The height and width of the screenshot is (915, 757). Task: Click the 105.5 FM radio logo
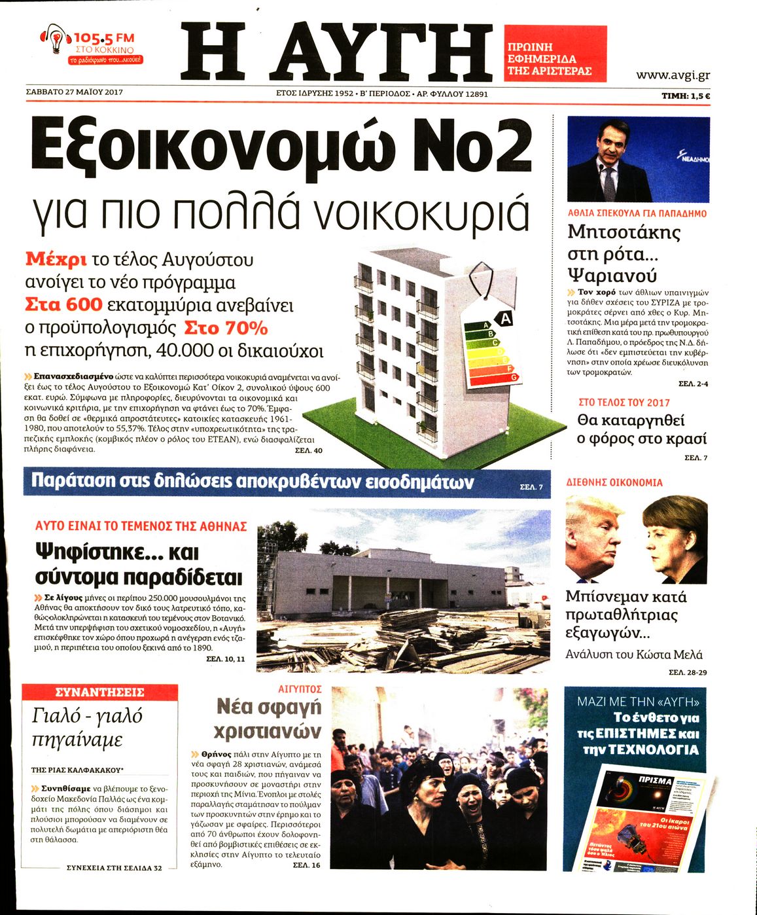pyautogui.click(x=92, y=45)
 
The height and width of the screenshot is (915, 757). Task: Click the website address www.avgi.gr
pyautogui.click(x=673, y=75)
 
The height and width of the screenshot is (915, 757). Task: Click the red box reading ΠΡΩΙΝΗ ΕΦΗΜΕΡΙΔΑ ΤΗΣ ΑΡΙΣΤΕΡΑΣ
pyautogui.click(x=555, y=54)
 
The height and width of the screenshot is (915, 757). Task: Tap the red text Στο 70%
pyautogui.click(x=226, y=327)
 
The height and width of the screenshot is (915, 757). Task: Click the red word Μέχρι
pyautogui.click(x=56, y=259)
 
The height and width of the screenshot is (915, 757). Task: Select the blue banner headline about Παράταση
pyautogui.click(x=253, y=482)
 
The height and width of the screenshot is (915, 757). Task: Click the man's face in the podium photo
pyautogui.click(x=608, y=144)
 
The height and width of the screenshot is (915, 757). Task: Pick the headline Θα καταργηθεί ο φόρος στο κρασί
pyautogui.click(x=641, y=429)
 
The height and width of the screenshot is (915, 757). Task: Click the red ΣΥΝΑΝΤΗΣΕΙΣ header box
pyautogui.click(x=99, y=692)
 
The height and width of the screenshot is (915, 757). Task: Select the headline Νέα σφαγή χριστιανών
pyautogui.click(x=268, y=719)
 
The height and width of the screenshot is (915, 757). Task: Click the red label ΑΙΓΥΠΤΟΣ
pyautogui.click(x=300, y=689)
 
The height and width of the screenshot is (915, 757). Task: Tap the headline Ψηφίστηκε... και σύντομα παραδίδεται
pyautogui.click(x=138, y=565)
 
